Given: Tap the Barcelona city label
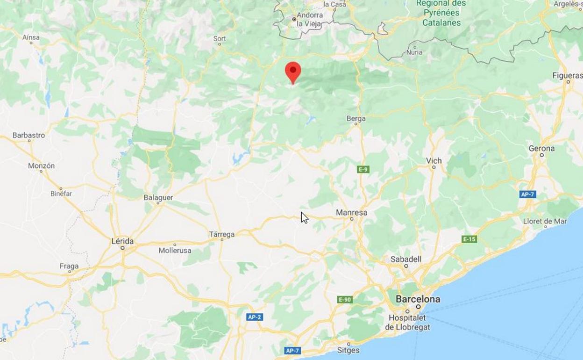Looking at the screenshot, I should (x=418, y=299).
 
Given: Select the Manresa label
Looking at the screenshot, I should (x=351, y=213).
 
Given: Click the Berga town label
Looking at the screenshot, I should (x=356, y=119).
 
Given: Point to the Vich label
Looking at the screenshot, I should (x=434, y=161).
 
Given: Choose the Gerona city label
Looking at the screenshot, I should (x=541, y=149).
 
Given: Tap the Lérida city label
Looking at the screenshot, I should (x=122, y=241).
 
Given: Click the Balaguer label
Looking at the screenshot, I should (x=158, y=198).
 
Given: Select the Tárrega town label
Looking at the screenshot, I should (x=222, y=234).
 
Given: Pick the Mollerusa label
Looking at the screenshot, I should (x=175, y=251).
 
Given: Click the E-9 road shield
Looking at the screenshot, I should (x=363, y=169).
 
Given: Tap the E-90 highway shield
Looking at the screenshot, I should (x=345, y=299).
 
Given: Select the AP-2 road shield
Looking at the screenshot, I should (x=254, y=317).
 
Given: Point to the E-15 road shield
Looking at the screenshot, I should (x=469, y=239).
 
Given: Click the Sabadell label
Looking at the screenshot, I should (x=406, y=259).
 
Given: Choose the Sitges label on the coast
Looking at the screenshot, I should (x=348, y=350).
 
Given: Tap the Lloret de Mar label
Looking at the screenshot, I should (x=545, y=221).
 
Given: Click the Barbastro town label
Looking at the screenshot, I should (x=28, y=135).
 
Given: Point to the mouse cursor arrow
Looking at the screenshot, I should (x=304, y=217).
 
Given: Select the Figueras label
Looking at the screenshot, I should (x=567, y=76).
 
